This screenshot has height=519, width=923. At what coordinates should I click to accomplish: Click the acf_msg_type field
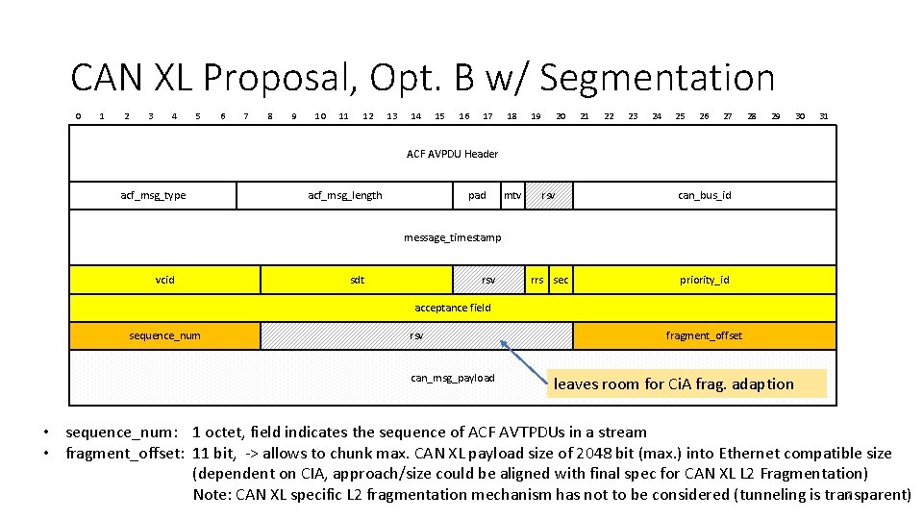[x=154, y=195]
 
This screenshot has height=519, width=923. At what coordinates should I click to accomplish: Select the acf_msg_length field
[x=345, y=195]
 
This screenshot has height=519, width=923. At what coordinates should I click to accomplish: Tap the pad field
[x=477, y=195]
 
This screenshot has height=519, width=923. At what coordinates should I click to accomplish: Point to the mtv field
[x=513, y=195]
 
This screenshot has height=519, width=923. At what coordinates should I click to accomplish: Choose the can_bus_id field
[x=705, y=195]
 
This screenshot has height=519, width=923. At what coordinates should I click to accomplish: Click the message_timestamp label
[x=452, y=237]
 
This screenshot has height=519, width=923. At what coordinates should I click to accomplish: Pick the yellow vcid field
[x=165, y=280]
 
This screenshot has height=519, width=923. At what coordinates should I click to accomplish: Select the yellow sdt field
[x=358, y=280]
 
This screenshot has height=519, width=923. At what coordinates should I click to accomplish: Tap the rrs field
[x=537, y=280]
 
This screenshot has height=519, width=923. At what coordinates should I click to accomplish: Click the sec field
[x=561, y=280]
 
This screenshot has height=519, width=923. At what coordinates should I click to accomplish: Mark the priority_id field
[x=705, y=280]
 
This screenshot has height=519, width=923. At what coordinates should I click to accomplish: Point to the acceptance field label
[x=452, y=308]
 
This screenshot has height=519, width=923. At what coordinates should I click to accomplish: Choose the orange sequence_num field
[x=165, y=335]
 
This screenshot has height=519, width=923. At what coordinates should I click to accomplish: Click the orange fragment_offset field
[x=705, y=335]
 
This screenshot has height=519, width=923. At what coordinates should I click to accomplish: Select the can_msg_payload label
[x=452, y=378]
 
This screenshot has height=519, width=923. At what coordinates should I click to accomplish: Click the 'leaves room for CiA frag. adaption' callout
[x=687, y=383]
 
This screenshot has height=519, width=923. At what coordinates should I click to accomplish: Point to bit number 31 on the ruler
[x=824, y=116]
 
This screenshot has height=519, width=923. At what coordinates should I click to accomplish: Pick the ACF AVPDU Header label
[x=452, y=154]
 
